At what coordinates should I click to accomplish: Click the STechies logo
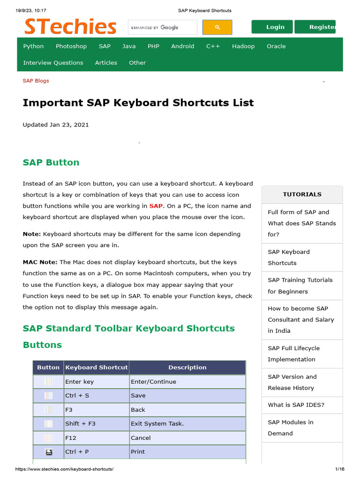(70, 27)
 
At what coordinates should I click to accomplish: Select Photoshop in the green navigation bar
(71, 46)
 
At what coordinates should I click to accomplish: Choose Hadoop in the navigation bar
(243, 46)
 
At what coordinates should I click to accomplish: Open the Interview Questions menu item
(53, 63)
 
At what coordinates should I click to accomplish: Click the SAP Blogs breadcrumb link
(36, 81)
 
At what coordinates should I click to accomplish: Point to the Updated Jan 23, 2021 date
(56, 125)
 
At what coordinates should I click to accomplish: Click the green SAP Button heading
(51, 163)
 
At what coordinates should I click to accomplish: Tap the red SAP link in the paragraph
(156, 206)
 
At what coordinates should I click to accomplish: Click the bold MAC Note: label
(40, 262)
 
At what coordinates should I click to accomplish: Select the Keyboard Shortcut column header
(97, 367)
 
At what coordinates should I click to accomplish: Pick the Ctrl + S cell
(77, 396)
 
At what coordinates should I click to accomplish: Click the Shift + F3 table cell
(80, 424)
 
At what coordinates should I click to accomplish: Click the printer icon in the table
(48, 452)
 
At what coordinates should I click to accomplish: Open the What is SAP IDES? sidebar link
(296, 405)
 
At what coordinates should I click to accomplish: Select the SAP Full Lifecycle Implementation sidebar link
(293, 354)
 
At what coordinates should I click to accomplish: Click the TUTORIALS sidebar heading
(302, 194)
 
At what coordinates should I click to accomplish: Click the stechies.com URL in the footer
(65, 469)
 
